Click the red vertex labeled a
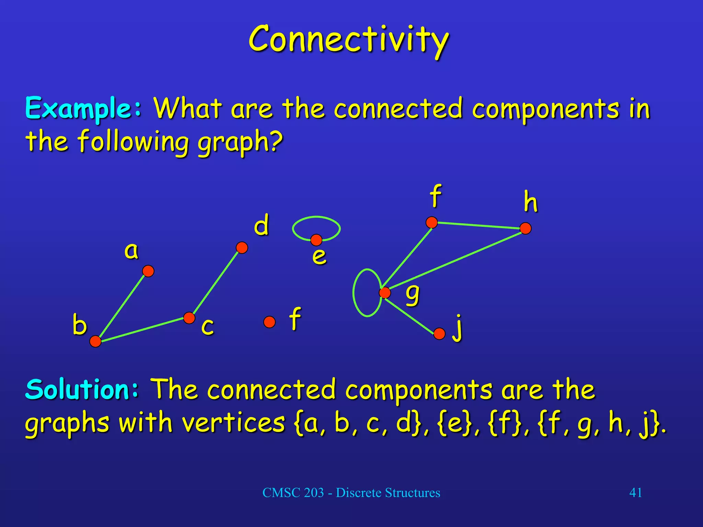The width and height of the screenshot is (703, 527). [x=148, y=271]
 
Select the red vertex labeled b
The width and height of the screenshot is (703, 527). [x=95, y=341]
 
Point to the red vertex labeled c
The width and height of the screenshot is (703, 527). [x=189, y=318]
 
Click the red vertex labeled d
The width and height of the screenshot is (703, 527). [x=242, y=247]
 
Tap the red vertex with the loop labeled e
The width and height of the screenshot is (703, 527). [x=316, y=240]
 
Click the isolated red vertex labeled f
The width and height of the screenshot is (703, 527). [x=269, y=322]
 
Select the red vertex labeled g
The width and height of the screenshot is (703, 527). [x=385, y=293]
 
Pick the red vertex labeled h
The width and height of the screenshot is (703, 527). [x=526, y=228]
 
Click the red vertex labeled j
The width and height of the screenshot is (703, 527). [x=439, y=333]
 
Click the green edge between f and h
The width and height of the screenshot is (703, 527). [x=479, y=225]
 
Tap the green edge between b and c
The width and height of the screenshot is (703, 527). [x=142, y=330]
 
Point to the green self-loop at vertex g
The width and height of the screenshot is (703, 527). [x=354, y=292]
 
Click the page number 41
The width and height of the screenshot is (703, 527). [x=635, y=493]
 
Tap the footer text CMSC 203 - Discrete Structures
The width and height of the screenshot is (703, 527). [x=351, y=493]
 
